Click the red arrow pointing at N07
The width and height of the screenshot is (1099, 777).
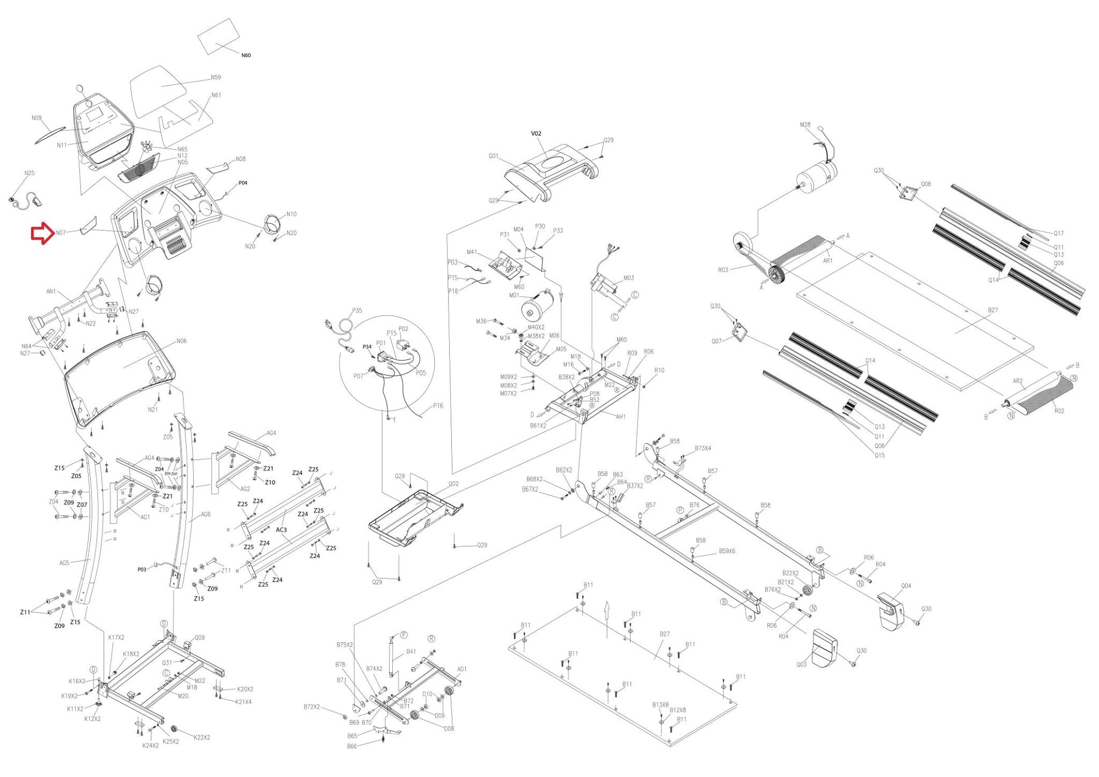[41, 234]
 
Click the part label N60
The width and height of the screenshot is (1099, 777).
[246, 55]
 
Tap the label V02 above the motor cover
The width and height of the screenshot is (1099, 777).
[536, 134]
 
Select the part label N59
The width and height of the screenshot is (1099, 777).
[216, 77]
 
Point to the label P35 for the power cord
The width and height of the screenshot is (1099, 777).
[357, 311]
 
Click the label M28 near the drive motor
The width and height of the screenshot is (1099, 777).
[805, 125]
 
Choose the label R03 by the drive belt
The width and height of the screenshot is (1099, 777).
[723, 270]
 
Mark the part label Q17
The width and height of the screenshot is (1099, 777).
[1058, 233]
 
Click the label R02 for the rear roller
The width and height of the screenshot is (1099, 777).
[1059, 411]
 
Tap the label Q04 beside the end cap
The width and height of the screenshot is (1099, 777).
[906, 586]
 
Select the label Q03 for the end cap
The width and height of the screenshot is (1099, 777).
[801, 665]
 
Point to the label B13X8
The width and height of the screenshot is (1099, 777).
[661, 705]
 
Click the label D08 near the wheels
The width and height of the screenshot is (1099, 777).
[449, 729]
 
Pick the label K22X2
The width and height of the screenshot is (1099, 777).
[202, 737]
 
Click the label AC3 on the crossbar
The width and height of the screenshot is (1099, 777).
[281, 530]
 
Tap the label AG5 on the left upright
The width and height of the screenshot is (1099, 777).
[64, 563]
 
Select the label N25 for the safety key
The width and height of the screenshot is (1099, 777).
[30, 173]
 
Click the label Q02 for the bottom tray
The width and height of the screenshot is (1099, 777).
[453, 483]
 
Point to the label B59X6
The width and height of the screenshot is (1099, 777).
[727, 551]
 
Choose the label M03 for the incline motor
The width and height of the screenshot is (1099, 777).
[628, 278]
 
